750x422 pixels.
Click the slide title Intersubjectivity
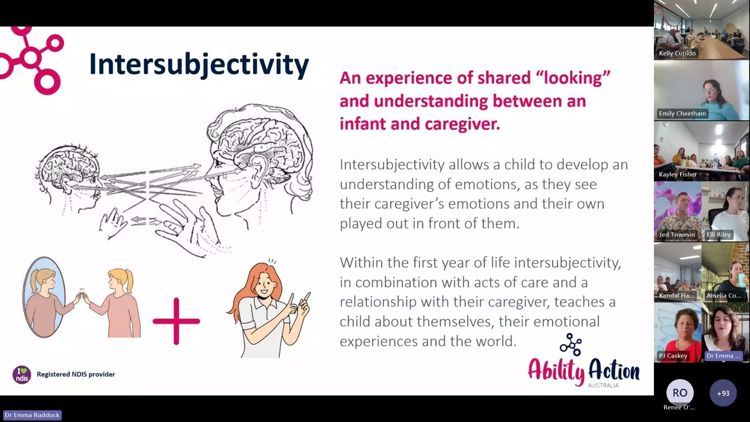(199, 64)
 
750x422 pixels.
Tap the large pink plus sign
(176, 321)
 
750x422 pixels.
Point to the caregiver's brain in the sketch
(261, 141)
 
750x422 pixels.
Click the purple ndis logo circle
(22, 374)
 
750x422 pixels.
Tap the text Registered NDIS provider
(76, 374)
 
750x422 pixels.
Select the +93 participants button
(723, 393)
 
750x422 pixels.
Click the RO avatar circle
(680, 393)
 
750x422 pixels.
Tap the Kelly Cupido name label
(677, 53)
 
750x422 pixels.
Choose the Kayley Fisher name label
(677, 175)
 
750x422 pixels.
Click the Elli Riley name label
(718, 234)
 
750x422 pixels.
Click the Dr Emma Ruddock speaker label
(32, 415)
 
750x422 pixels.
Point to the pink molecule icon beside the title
(32, 59)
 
